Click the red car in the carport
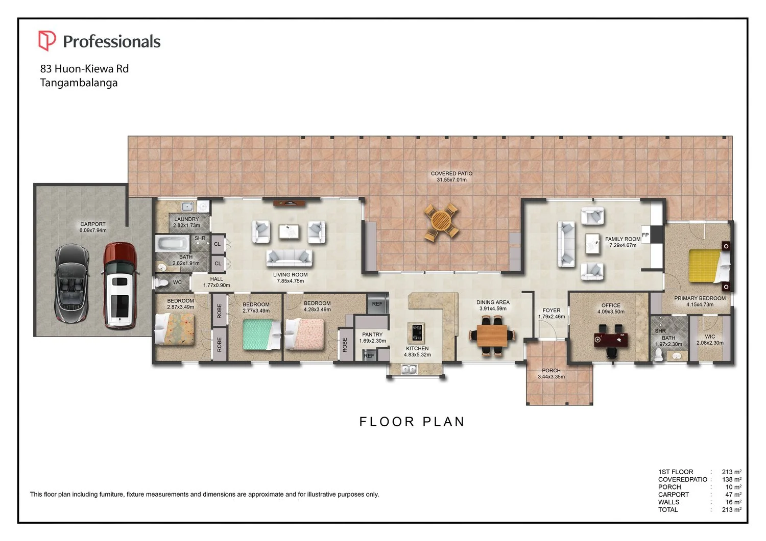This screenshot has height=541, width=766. pyautogui.click(x=120, y=286)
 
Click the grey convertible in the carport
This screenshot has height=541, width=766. pyautogui.click(x=72, y=283)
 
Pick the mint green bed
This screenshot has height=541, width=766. pyautogui.click(x=261, y=335)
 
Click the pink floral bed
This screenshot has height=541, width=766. pyautogui.click(x=304, y=334)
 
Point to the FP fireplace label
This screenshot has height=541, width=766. pyautogui.click(x=645, y=235)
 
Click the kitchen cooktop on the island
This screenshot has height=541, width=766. pyautogui.click(x=417, y=332)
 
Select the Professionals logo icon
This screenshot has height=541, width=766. pyautogui.click(x=47, y=41)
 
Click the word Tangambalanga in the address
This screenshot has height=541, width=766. pyautogui.click(x=79, y=83)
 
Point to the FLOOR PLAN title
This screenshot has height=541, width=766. pyautogui.click(x=412, y=422)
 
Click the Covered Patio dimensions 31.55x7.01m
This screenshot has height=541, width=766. pyautogui.click(x=451, y=179)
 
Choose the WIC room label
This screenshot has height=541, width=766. pyautogui.click(x=710, y=337)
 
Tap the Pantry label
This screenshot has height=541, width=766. pyautogui.click(x=372, y=334)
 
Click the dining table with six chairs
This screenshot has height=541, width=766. pyautogui.click(x=492, y=336)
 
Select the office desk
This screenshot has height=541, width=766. pyautogui.click(x=611, y=340)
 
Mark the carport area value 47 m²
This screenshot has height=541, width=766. pyautogui.click(x=733, y=495)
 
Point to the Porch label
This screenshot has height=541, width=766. pyautogui.click(x=551, y=371)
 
